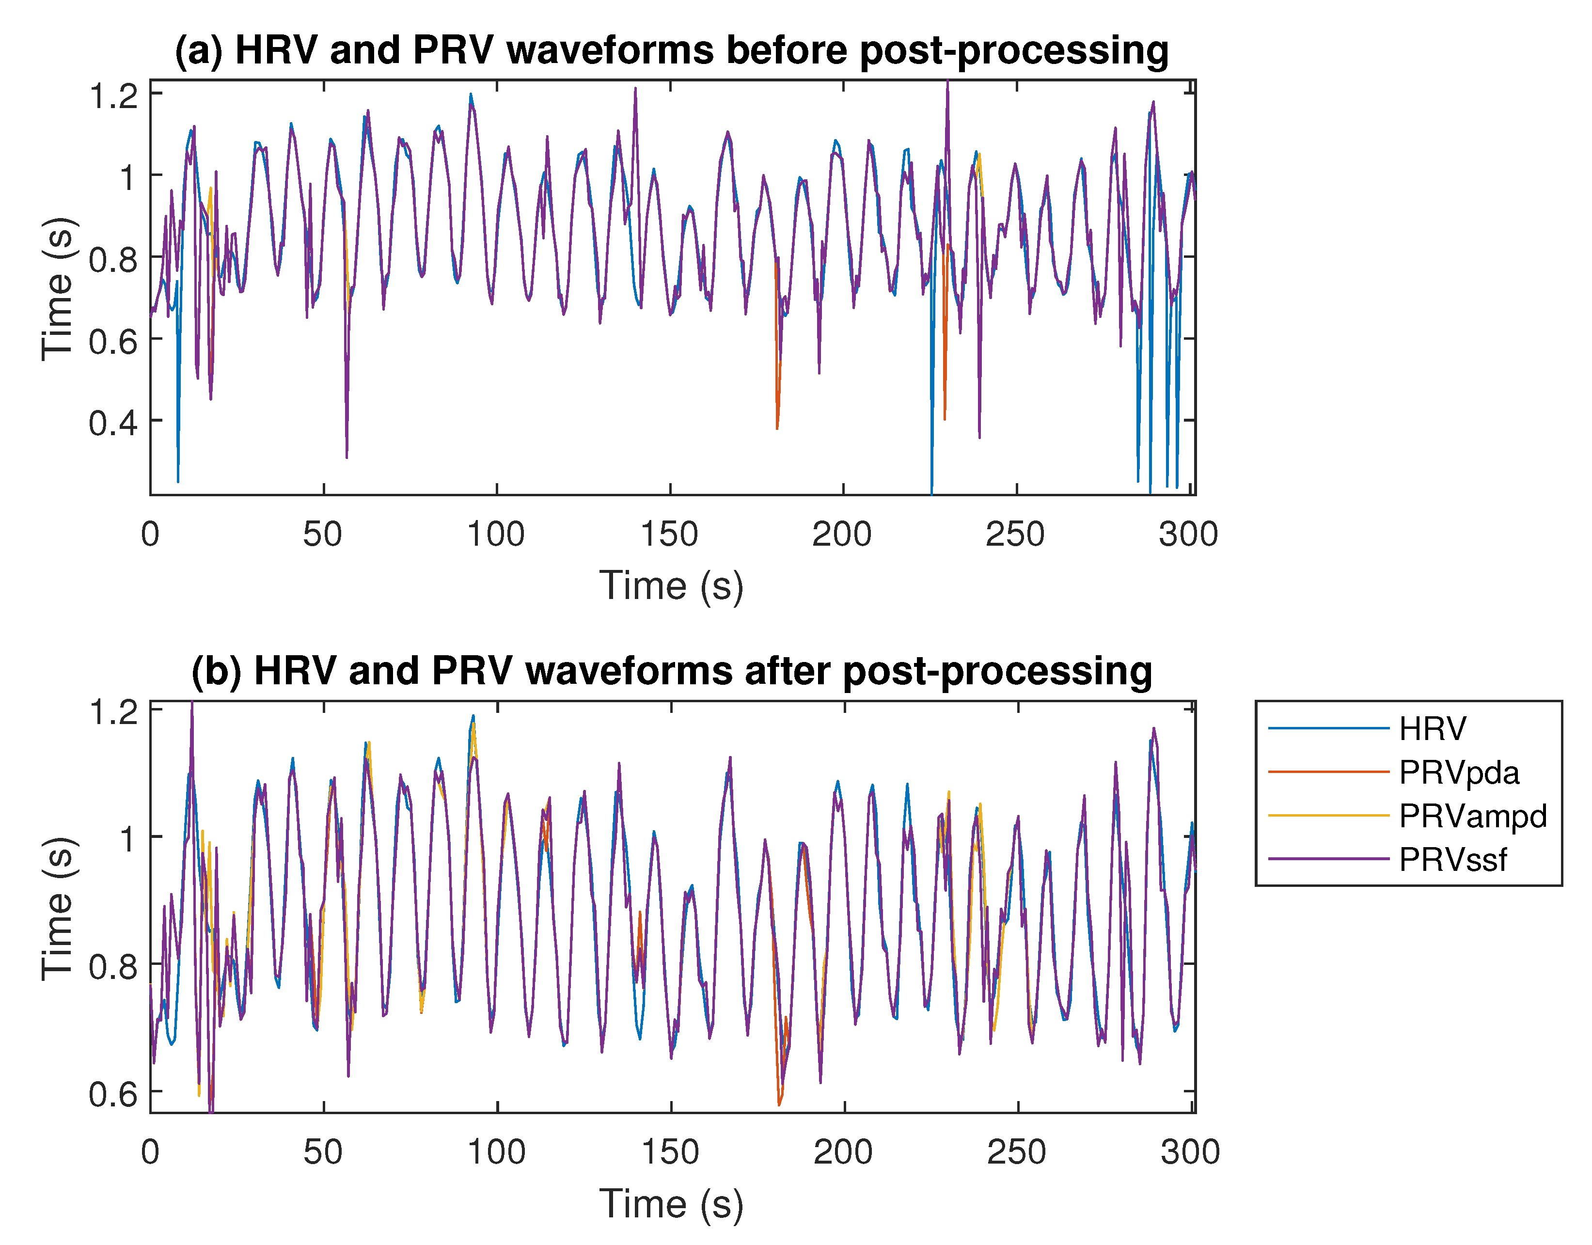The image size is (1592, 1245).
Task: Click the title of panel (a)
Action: coord(671,51)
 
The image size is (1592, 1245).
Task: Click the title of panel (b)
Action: coord(671,671)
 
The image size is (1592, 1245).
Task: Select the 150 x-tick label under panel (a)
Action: coord(669,535)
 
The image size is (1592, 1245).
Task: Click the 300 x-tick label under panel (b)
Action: coord(1190,1152)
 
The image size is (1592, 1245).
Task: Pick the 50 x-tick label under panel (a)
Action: coord(323,535)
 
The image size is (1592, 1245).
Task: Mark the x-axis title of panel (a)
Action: coord(671,586)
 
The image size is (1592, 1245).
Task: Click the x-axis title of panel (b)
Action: coord(671,1204)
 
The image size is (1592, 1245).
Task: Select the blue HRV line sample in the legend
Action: coord(1328,728)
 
